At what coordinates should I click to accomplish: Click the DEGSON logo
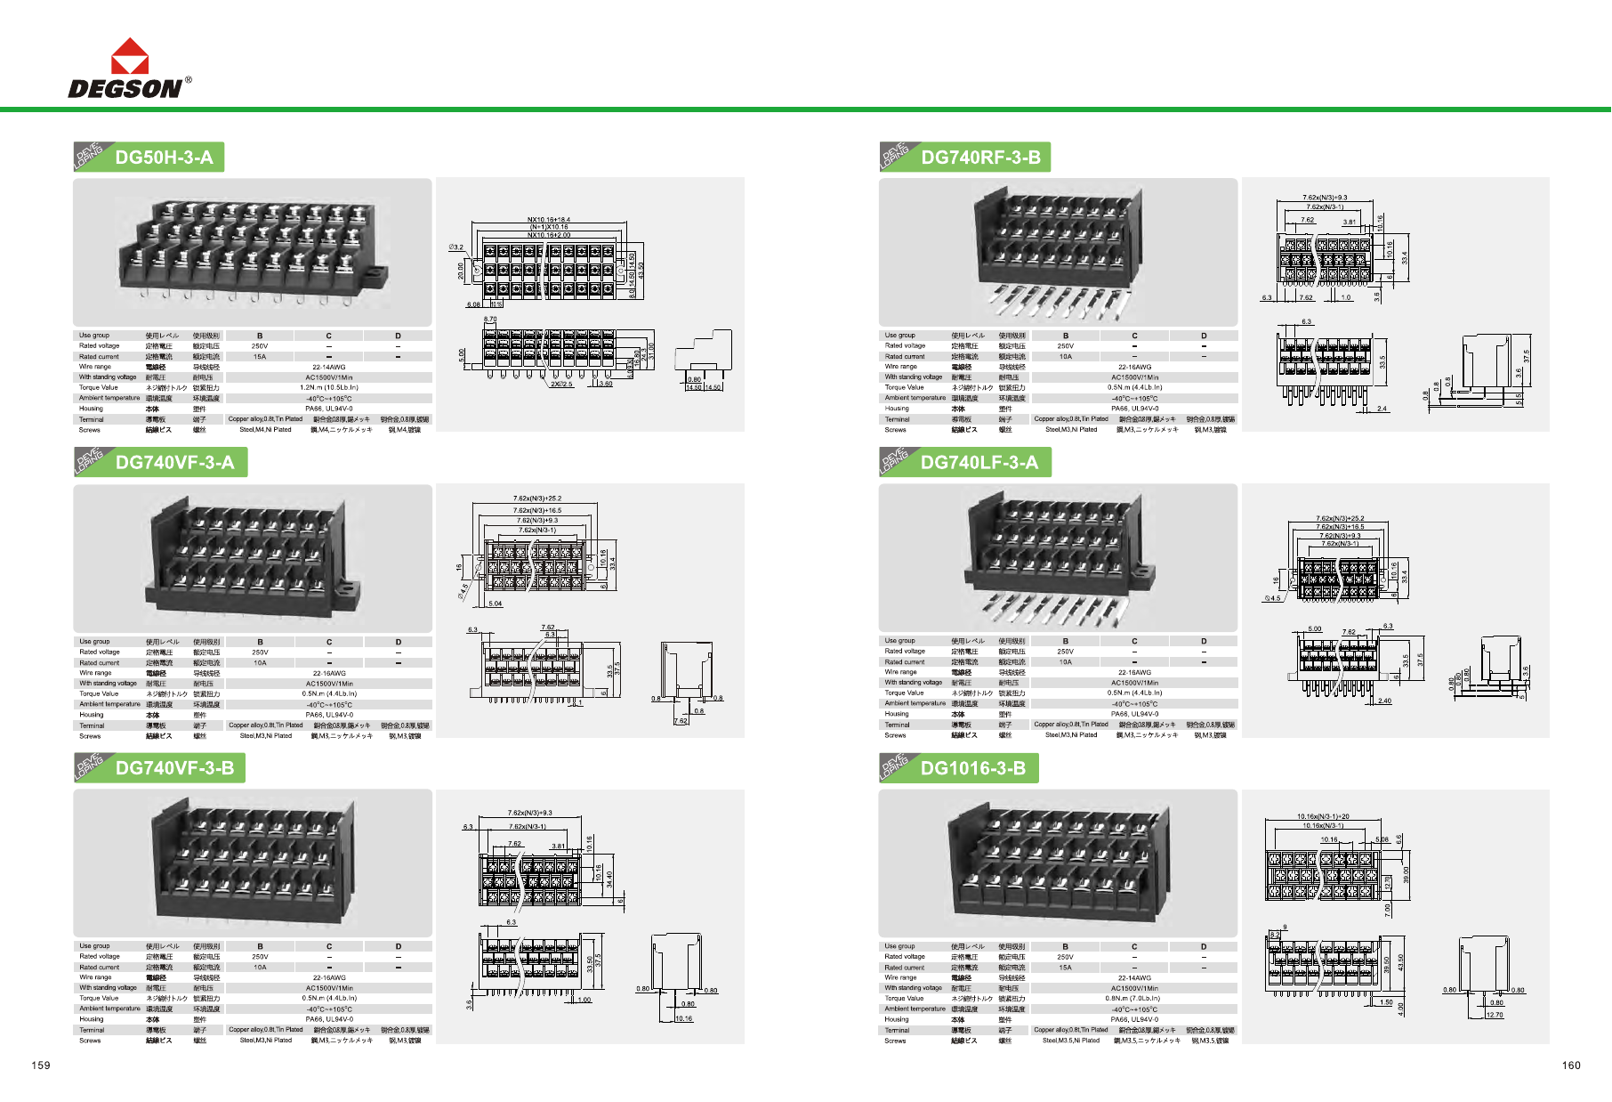point(129,69)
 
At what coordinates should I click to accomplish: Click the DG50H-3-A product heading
point(164,158)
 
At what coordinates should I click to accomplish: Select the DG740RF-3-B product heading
point(980,158)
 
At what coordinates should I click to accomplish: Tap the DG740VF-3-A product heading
point(174,463)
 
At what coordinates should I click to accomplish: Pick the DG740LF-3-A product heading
point(979,463)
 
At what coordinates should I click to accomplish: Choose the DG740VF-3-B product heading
point(174,768)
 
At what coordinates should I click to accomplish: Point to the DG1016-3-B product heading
point(972,768)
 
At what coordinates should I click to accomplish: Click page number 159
point(41,1066)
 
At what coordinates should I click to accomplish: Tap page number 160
point(1571,1066)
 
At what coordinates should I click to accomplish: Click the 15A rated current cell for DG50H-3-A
point(260,357)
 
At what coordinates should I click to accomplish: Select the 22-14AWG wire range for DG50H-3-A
point(329,367)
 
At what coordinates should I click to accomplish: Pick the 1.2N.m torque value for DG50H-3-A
point(329,388)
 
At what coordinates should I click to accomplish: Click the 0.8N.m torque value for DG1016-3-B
point(1134,999)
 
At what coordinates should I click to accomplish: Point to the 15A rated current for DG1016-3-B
point(1065,968)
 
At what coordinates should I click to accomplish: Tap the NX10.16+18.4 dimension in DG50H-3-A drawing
point(549,220)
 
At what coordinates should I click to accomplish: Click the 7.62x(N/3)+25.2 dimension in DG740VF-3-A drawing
point(537,498)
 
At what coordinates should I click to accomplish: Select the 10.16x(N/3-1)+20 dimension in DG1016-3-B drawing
point(1323,816)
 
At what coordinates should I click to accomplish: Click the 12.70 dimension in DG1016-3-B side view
point(1495,1015)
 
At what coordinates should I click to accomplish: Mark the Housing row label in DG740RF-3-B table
point(897,409)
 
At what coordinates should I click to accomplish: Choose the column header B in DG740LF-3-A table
point(1066,641)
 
